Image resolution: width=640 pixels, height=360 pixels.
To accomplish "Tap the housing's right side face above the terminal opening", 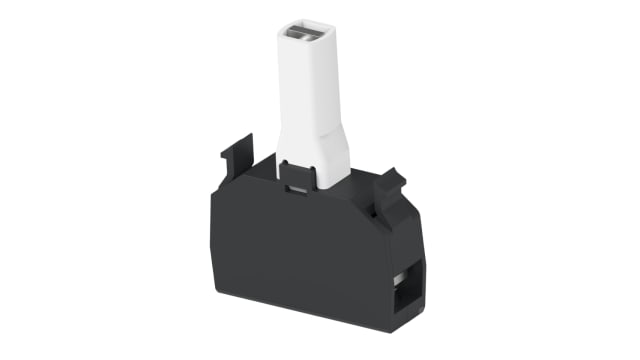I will click(x=409, y=235).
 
